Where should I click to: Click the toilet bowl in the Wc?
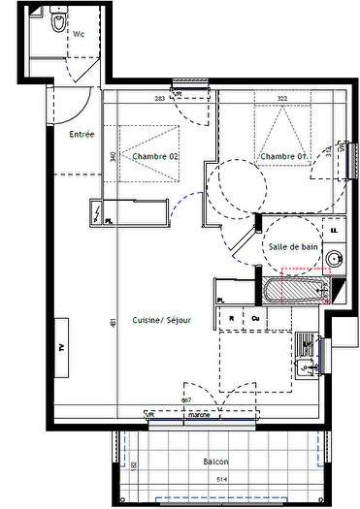click(60, 22)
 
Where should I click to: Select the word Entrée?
click(81, 135)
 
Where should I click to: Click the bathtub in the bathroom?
click(291, 289)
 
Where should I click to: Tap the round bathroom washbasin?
click(334, 259)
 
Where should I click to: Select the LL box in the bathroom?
click(335, 230)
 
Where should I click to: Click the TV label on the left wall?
click(62, 346)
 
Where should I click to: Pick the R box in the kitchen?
click(232, 317)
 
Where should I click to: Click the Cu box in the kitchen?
click(254, 317)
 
